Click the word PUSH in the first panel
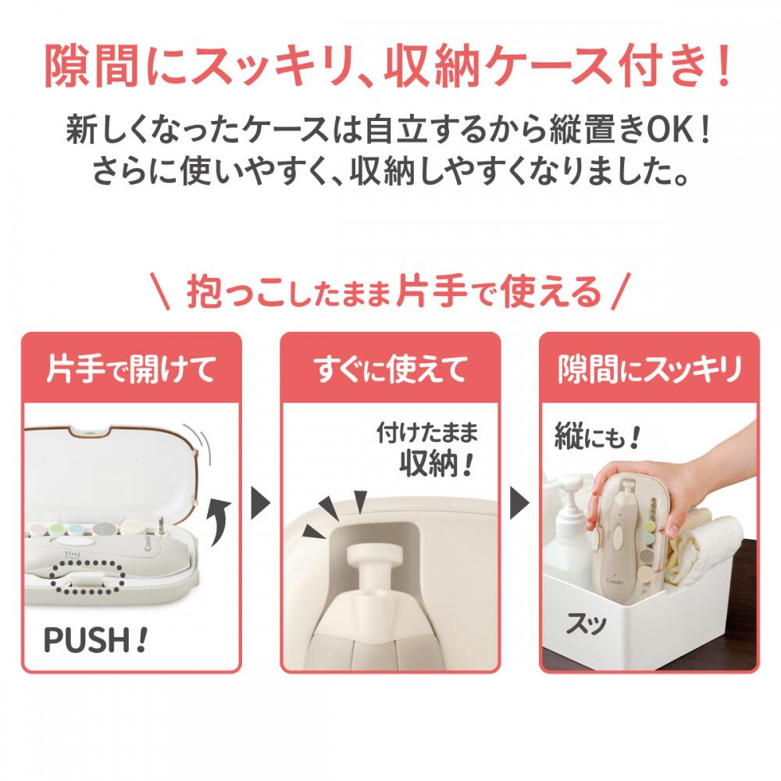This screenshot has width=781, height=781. pyautogui.click(x=87, y=640)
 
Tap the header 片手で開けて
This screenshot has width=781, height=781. pyautogui.click(x=131, y=369)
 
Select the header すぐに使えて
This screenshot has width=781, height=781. pyautogui.click(x=390, y=369)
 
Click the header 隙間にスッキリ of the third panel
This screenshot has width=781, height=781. pyautogui.click(x=650, y=369)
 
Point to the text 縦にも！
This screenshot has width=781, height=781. pyautogui.click(x=597, y=437)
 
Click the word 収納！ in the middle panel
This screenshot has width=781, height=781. pyautogui.click(x=435, y=464)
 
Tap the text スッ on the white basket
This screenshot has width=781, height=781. pyautogui.click(x=586, y=623)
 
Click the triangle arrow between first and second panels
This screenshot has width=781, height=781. pyautogui.click(x=260, y=504)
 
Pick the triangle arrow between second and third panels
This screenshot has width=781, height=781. pyautogui.click(x=519, y=504)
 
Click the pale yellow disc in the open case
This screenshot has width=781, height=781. pyautogui.click(x=131, y=526)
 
